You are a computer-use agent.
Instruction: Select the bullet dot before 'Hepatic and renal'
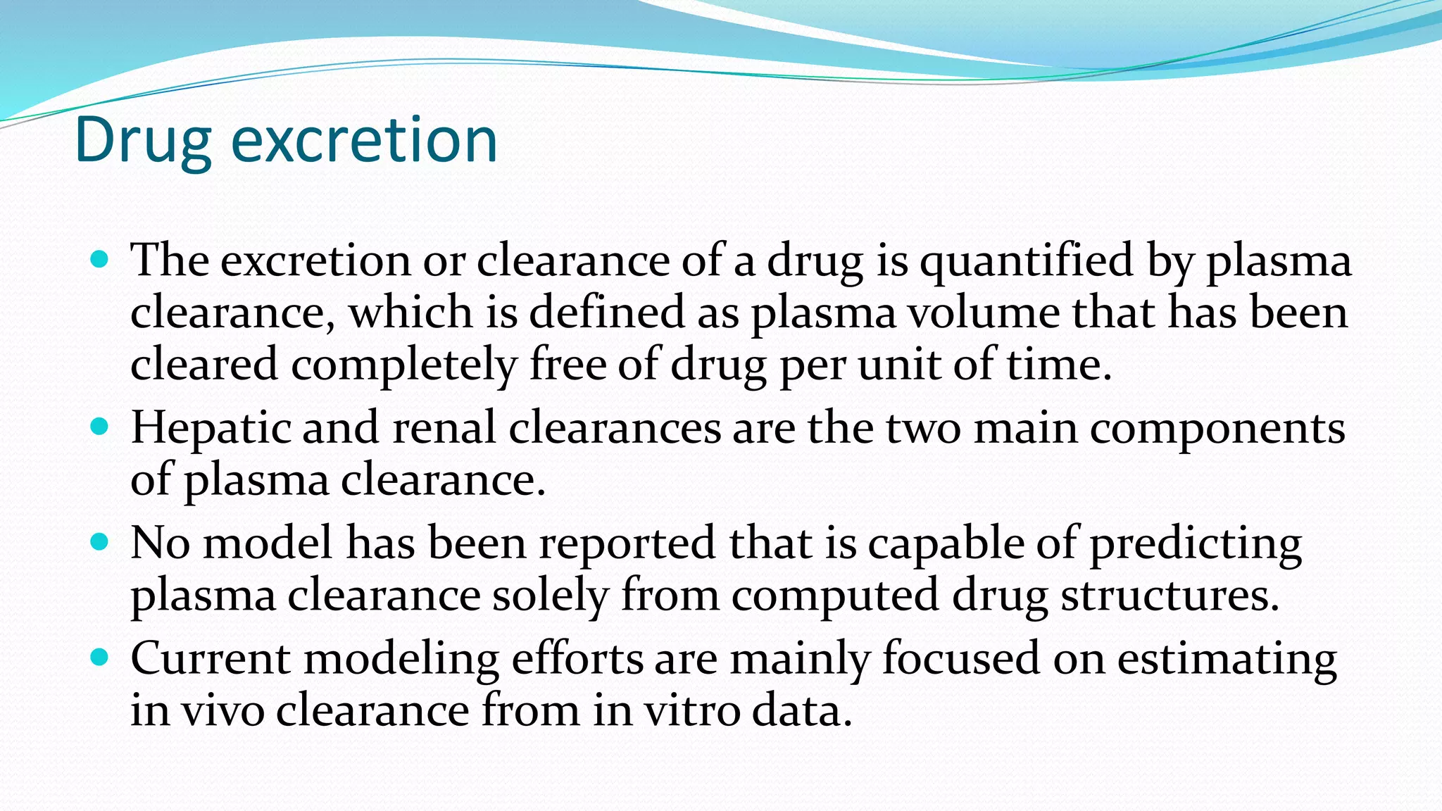[x=100, y=427]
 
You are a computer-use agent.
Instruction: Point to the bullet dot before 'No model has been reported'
[x=100, y=542]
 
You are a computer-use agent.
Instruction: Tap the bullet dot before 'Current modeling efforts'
[x=100, y=658]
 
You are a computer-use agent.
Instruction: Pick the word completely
[x=404, y=366]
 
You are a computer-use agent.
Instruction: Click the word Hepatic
[x=211, y=429]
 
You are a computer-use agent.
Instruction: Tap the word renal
[x=444, y=429]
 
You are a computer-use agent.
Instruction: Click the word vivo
[x=223, y=710]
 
